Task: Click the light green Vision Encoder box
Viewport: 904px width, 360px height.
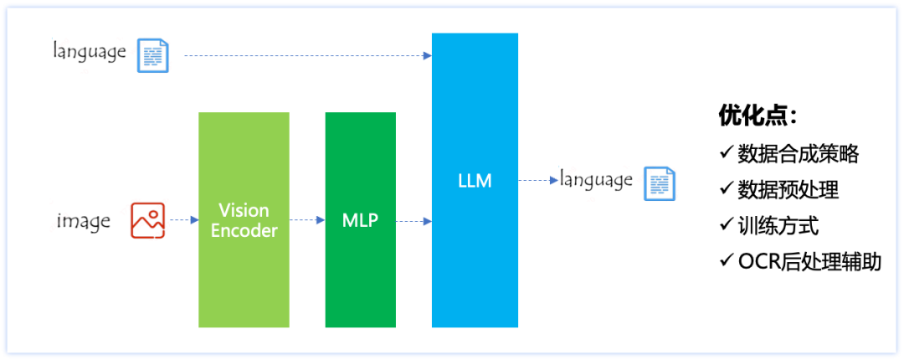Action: (x=244, y=219)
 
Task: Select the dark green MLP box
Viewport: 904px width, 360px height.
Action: (x=361, y=219)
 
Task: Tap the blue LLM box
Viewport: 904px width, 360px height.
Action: (x=475, y=180)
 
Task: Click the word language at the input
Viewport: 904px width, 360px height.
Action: (x=90, y=52)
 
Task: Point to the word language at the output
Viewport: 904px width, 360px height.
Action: (x=596, y=179)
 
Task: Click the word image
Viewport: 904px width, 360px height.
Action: (x=84, y=221)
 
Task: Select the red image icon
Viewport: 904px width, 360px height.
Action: (x=147, y=220)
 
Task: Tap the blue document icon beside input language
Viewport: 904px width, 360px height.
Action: (x=152, y=56)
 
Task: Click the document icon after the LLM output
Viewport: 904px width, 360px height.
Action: (x=659, y=183)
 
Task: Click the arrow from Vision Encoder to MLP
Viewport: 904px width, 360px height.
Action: (x=307, y=220)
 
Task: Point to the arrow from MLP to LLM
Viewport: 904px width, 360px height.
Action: (x=413, y=221)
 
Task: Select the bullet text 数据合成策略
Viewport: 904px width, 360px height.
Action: (x=798, y=154)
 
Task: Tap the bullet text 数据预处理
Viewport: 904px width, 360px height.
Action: (x=788, y=190)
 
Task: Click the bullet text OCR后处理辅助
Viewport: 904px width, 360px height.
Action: (x=809, y=262)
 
